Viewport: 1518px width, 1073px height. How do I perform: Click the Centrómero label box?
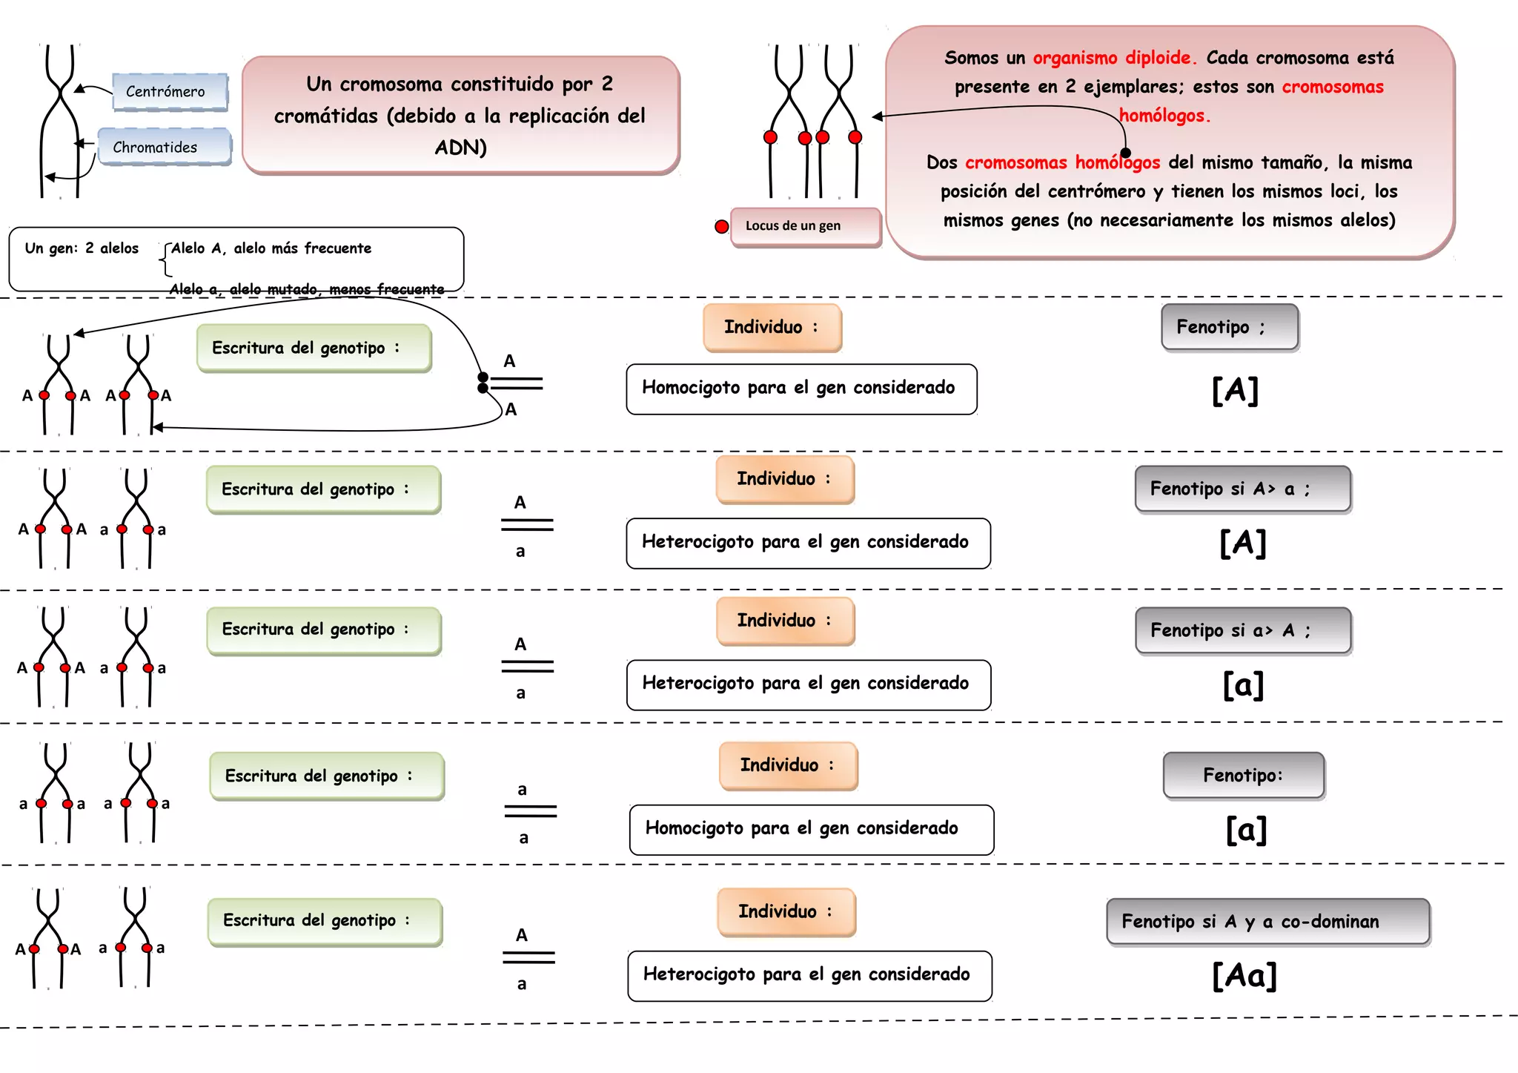pos(170,92)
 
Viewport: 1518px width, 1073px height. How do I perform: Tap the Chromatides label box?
pos(164,147)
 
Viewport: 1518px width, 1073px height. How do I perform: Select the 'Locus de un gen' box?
pos(806,226)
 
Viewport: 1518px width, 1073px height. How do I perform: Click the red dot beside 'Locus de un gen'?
pos(721,227)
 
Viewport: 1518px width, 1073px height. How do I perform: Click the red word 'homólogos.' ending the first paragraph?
pos(1164,116)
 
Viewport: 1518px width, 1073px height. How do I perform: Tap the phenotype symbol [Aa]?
pos(1244,975)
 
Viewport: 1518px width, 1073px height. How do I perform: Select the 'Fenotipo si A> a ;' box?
pos(1243,489)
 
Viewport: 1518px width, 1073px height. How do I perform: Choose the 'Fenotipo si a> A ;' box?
pos(1243,630)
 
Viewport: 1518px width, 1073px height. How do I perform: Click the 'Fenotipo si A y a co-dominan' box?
pos(1268,922)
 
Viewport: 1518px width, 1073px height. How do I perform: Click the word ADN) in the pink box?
pos(460,148)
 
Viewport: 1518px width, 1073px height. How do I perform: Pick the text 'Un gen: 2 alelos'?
pos(82,248)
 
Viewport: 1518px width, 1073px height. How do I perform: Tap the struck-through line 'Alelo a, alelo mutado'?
pos(307,289)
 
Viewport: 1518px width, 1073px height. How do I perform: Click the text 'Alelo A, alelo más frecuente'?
pos(271,248)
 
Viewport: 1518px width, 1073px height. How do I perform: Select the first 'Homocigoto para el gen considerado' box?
pos(801,389)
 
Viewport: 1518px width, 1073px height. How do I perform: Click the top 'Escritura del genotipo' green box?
pos(314,348)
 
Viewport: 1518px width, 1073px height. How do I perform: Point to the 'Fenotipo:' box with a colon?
pos(1244,776)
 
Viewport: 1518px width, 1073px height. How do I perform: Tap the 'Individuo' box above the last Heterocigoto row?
pos(786,912)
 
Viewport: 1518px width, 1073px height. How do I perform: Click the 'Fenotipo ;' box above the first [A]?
pos(1230,327)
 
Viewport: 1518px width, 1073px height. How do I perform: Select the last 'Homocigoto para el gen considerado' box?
pos(812,830)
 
